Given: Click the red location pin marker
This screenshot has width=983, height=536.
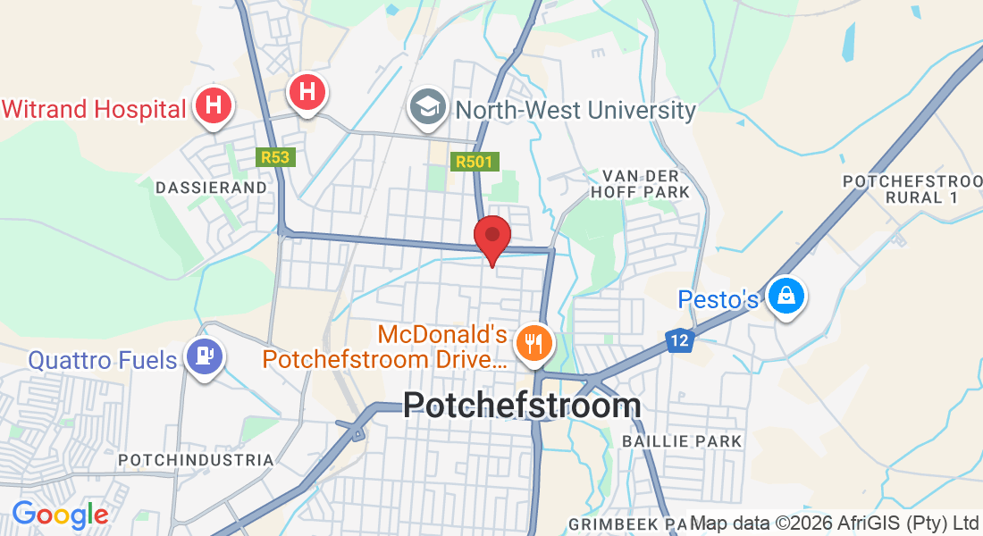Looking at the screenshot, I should coord(491,237).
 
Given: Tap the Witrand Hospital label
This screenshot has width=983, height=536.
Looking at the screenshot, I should coord(93,109).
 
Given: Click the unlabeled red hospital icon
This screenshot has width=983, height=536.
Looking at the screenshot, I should coord(307,91).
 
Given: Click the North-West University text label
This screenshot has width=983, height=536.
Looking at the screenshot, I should coord(576,111).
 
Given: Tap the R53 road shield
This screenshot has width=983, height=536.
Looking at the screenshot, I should coord(275,157).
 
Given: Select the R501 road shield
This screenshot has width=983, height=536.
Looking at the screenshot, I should coord(475,162).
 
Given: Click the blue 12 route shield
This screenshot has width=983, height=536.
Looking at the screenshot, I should coord(680,340).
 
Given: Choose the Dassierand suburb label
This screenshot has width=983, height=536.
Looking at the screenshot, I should coord(212,188).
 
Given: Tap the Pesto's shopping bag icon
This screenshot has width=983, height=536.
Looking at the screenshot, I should coord(787,294).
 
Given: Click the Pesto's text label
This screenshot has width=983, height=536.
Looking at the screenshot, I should coord(718,299).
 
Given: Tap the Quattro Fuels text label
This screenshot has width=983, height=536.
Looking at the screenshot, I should coord(103,360).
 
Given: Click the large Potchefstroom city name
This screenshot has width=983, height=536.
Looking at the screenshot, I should coord(522,405).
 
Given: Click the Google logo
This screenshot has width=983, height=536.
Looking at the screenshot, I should coord(60,515).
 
